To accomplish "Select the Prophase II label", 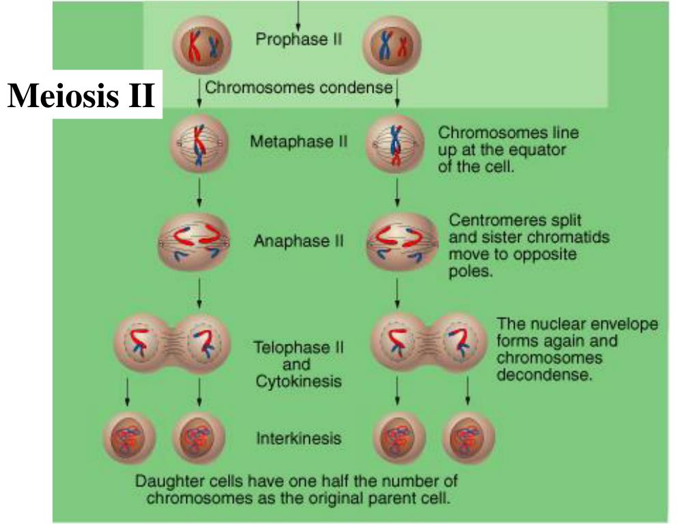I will pos(298,39).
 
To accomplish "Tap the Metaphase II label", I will pos(298,143).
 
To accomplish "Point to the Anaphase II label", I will pos(298,242).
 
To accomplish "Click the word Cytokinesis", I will pos(298,381).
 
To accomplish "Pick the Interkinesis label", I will pos(298,438).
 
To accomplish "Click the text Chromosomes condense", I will pos(298,88).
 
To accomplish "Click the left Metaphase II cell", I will pos(198,144).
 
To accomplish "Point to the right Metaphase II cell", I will pos(396,145).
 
